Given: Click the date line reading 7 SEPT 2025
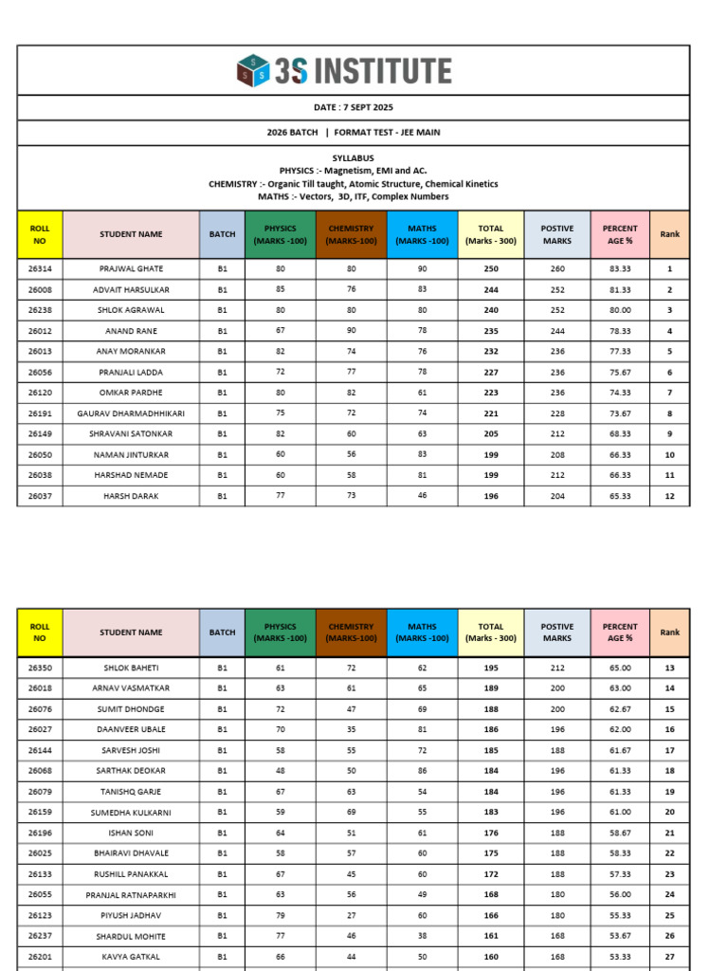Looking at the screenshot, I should point(354,108).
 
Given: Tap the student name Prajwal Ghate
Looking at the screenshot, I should point(131,269).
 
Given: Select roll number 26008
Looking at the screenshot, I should point(40,289).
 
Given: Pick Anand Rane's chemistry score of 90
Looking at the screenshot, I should point(351,331).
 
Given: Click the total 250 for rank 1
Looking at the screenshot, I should point(490,269).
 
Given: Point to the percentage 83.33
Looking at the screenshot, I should point(621,269).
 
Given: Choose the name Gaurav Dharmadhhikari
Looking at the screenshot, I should point(131,413).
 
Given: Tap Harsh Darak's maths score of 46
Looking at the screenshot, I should point(422,496).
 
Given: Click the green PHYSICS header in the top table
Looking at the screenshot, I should point(280,234).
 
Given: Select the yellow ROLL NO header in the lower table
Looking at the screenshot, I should point(40,632).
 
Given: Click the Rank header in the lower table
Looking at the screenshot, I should point(669,632).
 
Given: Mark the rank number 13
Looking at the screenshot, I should point(669,668).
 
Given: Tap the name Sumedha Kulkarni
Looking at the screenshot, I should point(131,812).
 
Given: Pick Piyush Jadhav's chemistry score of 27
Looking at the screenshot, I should point(351,915).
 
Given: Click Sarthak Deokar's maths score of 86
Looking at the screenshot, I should point(422,771).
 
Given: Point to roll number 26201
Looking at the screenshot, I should point(40,956).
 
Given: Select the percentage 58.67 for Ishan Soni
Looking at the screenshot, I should point(621,833).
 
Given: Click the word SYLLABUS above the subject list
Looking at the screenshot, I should point(354,158).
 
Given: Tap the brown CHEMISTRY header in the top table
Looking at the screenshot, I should point(351,234).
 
